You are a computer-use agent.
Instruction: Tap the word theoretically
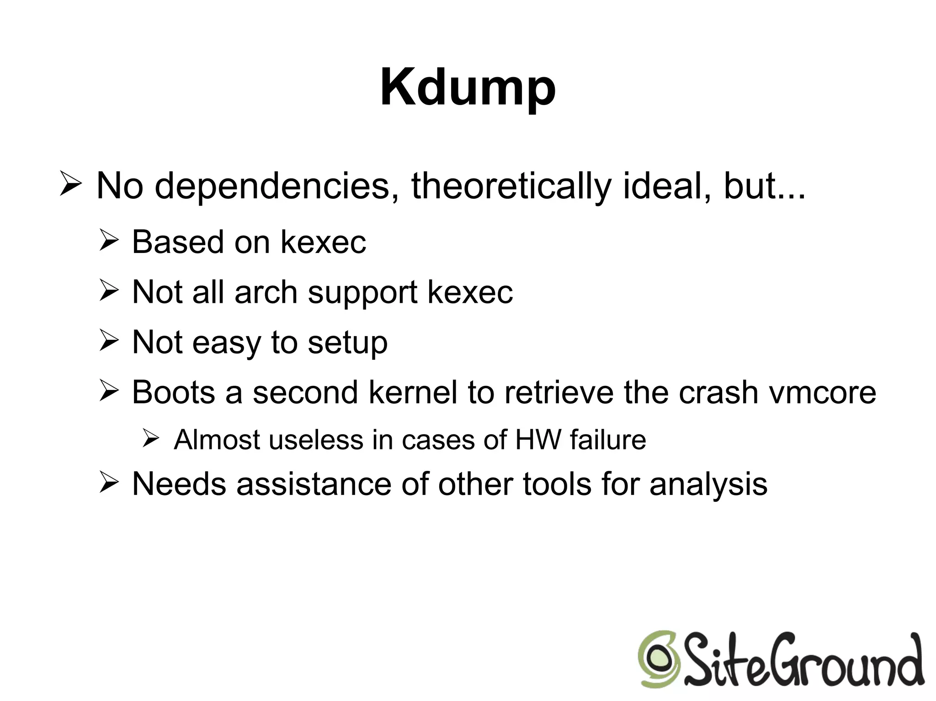(x=511, y=186)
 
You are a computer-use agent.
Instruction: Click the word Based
(x=178, y=242)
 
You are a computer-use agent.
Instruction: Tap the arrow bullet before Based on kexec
(x=109, y=241)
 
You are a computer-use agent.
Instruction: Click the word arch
(x=266, y=292)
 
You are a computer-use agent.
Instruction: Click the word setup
(x=347, y=343)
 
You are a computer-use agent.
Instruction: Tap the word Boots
(x=173, y=392)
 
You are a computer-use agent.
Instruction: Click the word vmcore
(x=823, y=392)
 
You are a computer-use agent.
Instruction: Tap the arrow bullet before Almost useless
(x=150, y=439)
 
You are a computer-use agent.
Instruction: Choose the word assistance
(x=314, y=484)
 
